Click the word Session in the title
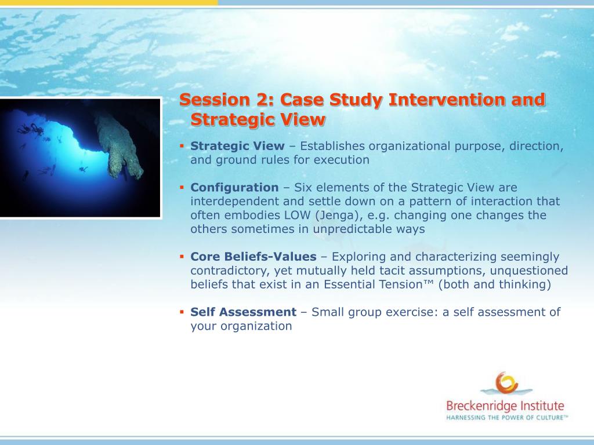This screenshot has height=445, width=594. [x=215, y=100]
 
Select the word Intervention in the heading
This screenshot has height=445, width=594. [x=447, y=100]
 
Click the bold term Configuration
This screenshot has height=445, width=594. [x=234, y=187]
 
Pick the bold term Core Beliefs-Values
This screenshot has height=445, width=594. [x=253, y=257]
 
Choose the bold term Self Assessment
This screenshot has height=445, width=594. [x=243, y=312]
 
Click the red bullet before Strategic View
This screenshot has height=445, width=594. [x=182, y=145]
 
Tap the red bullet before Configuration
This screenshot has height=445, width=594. [x=182, y=187]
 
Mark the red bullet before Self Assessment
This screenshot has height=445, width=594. [x=182, y=312]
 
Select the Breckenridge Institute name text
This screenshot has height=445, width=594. [x=505, y=406]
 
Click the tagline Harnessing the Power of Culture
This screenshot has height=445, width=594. [x=507, y=418]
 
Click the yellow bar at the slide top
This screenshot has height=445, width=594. [x=108, y=3]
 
